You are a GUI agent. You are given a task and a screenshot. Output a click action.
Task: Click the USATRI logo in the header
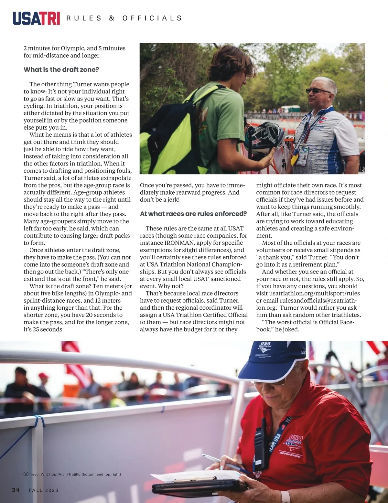point(36,18)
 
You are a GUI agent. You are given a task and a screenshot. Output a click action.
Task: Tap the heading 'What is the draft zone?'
point(61,70)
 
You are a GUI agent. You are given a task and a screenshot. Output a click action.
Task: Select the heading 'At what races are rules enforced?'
point(193,214)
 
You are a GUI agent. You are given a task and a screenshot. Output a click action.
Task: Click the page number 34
point(16,490)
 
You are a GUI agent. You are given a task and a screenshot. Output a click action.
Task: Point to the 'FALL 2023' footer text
point(44,490)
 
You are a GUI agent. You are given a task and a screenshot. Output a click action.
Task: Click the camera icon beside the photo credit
point(26,474)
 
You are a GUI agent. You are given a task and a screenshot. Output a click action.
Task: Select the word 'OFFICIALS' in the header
point(152,18)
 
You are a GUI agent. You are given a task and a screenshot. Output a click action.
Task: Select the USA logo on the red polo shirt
point(294,441)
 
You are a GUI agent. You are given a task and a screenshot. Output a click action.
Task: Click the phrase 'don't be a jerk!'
point(159,199)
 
